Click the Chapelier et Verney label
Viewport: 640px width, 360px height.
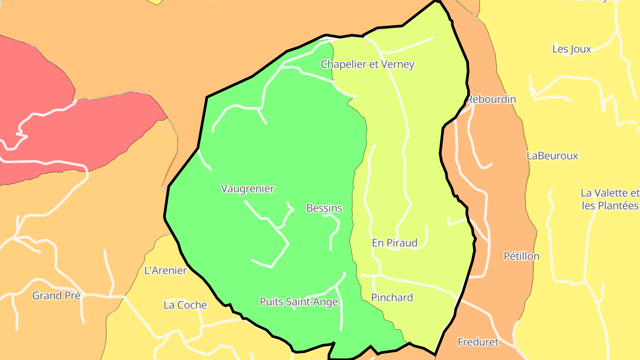pos(368,64)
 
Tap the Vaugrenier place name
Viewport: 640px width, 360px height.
pos(248,188)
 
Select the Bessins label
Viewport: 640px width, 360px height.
pos(324,208)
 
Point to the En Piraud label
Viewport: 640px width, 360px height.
pos(395,243)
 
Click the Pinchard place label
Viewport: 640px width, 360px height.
pos(392,297)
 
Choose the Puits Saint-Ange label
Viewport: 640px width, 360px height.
pos(299,302)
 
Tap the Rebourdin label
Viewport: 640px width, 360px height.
pos(491,99)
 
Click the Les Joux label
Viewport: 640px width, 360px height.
pos(572,49)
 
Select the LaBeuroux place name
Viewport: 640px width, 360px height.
pos(552,156)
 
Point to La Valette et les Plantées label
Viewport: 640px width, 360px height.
pos(610,199)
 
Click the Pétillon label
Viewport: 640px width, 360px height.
pos(521,256)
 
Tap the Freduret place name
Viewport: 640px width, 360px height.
pos(478,342)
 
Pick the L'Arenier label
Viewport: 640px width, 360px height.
pos(166,270)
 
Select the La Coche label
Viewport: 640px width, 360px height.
pos(185,305)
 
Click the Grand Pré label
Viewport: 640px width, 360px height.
pos(56,296)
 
